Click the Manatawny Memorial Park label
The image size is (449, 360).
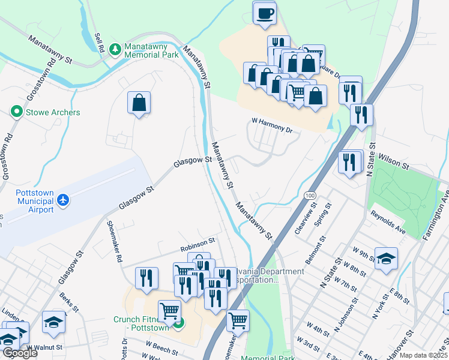[152, 50]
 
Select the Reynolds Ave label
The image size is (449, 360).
[388, 222]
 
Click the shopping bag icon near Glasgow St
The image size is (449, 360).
[139, 103]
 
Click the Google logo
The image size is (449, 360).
[20, 353]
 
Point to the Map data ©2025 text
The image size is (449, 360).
[424, 355]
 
